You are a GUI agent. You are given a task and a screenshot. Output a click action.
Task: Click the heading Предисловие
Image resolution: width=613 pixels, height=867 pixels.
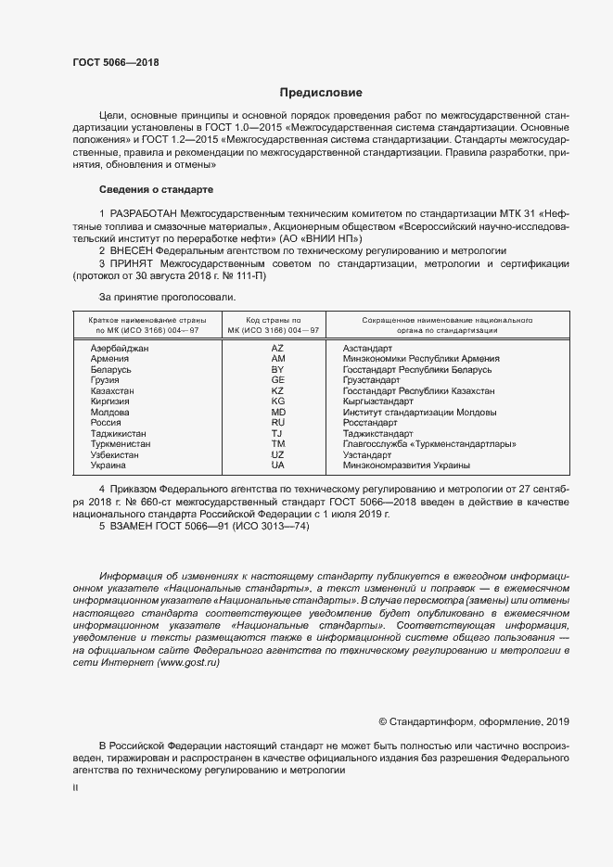322,93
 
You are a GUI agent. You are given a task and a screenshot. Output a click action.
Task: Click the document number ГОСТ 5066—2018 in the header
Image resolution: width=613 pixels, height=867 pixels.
116,63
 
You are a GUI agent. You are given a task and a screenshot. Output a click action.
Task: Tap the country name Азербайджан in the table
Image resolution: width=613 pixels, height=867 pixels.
121,348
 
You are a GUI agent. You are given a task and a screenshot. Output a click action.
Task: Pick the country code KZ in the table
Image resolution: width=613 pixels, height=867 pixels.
277,391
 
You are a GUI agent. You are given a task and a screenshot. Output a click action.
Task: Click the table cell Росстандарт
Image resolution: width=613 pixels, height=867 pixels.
370,423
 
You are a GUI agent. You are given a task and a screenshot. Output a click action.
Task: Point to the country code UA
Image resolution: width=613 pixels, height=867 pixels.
277,465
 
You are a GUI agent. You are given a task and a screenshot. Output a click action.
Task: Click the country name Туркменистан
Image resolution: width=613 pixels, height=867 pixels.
121,444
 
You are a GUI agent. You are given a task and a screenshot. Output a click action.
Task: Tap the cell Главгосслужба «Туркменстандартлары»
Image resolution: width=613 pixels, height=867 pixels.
428,444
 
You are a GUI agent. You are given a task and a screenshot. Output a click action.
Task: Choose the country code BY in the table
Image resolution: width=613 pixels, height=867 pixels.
277,369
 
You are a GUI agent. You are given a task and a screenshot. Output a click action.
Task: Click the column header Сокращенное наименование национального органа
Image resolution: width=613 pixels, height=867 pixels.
433,324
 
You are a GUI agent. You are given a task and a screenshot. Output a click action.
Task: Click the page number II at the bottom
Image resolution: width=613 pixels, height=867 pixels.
76,787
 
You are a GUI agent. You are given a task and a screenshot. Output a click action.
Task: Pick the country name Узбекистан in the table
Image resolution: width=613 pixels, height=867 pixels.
116,455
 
